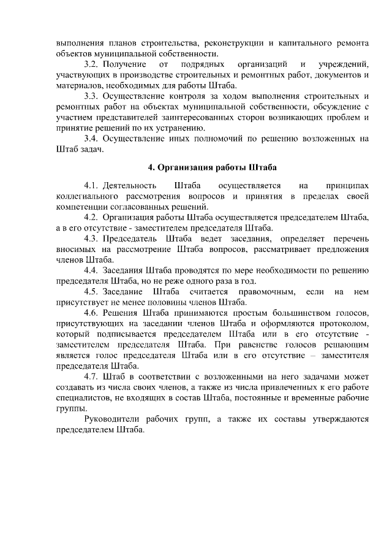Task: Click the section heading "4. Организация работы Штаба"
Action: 213,167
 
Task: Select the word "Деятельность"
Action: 129,185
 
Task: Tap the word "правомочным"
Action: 267,291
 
